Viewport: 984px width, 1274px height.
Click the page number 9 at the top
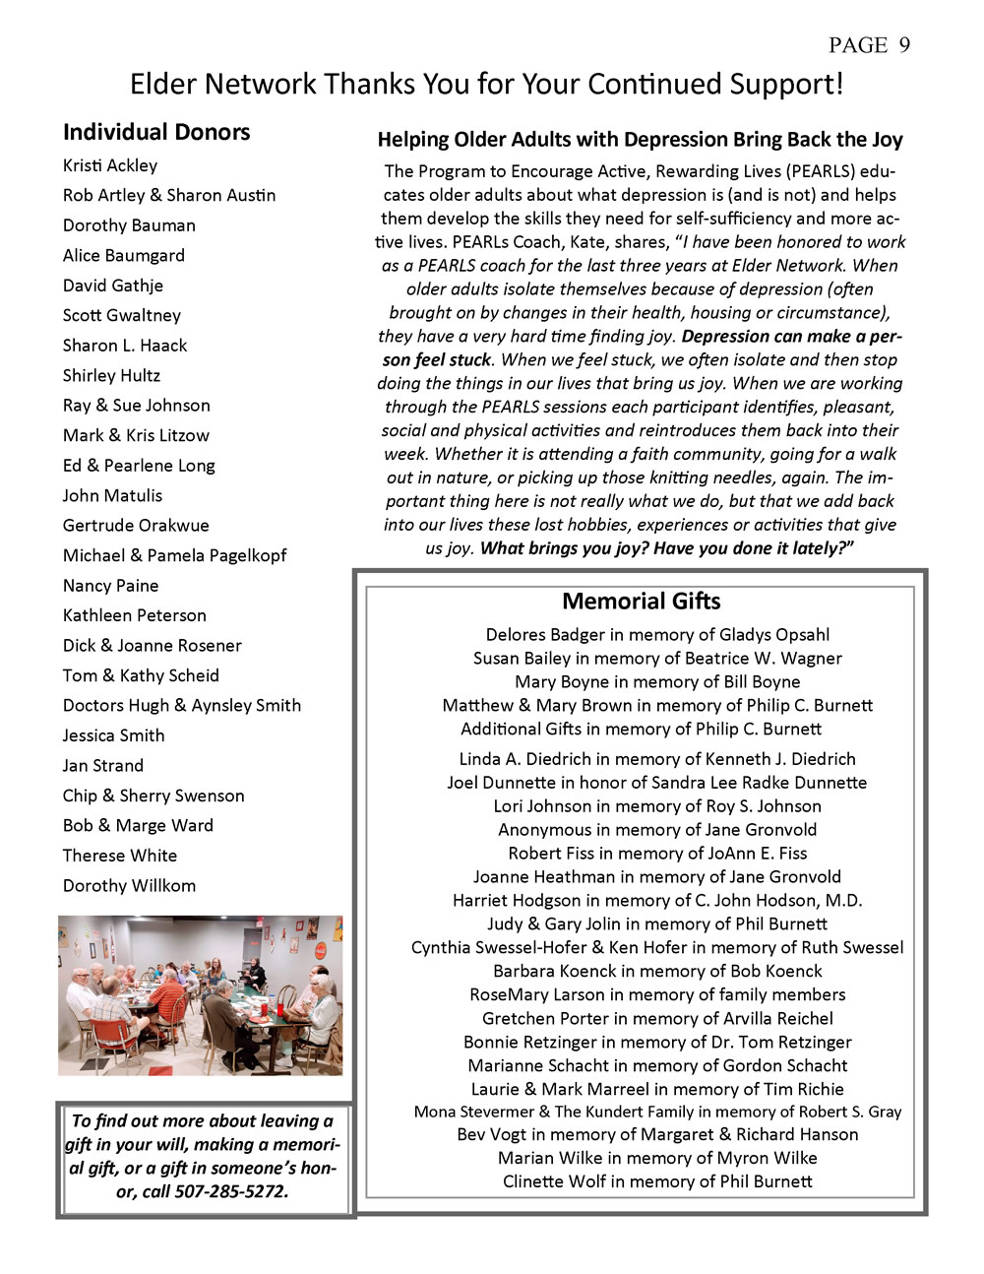903,45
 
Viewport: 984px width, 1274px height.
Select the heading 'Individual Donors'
156,132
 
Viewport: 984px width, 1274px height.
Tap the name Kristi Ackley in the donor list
110,165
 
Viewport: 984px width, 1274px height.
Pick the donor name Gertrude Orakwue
136,526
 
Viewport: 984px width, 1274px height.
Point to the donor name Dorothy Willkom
129,886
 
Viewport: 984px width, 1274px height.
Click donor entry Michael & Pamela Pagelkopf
174,555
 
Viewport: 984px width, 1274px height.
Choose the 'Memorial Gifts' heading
641,602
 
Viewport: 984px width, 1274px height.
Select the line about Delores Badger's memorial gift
657,635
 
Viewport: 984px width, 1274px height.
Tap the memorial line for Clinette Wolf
657,1181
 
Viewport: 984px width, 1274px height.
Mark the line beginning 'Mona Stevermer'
657,1112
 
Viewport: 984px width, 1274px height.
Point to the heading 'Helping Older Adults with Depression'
640,140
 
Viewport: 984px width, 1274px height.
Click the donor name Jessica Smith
114,735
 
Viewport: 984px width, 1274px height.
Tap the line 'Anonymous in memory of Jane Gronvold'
657,830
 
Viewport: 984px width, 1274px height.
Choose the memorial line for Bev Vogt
657,1134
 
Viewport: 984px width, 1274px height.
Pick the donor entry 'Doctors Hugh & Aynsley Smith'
182,706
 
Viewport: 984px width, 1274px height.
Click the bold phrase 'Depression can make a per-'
792,337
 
